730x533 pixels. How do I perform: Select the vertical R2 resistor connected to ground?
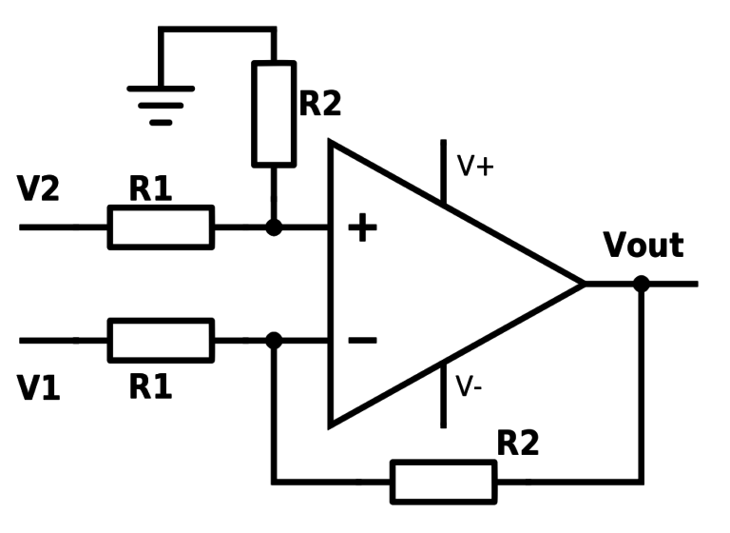click(274, 113)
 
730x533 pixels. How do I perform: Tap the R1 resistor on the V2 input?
click(161, 227)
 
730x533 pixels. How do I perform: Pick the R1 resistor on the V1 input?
click(161, 340)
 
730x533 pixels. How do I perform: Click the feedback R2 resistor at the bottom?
click(443, 482)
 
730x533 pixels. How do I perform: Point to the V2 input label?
click(39, 189)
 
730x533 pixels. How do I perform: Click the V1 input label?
click(39, 388)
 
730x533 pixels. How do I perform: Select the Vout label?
click(644, 246)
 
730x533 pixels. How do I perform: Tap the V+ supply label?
click(475, 167)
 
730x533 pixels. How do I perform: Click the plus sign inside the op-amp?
click(362, 228)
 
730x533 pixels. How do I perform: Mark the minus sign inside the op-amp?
click(362, 339)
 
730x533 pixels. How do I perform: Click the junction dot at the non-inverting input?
click(274, 227)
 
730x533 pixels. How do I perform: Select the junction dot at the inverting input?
click(274, 340)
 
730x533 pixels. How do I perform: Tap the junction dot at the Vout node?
click(642, 284)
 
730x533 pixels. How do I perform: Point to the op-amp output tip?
click(582, 284)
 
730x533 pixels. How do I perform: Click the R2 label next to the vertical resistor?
click(320, 104)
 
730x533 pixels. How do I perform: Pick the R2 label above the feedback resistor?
click(518, 444)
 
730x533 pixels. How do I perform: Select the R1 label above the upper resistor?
click(151, 189)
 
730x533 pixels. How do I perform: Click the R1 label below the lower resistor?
click(151, 386)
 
